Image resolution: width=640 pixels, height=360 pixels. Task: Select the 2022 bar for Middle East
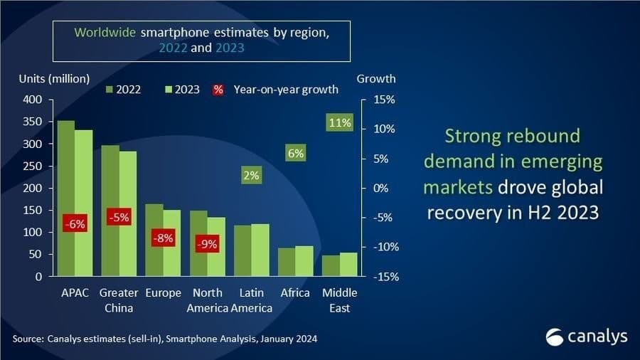pyautogui.click(x=331, y=265)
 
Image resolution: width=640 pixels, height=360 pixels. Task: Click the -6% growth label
pyautogui.click(x=75, y=224)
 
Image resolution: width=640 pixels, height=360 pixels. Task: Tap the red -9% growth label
pyautogui.click(x=207, y=244)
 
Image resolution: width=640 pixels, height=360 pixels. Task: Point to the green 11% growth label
pyautogui.click(x=340, y=122)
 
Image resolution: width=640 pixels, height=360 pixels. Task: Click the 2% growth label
pyautogui.click(x=251, y=175)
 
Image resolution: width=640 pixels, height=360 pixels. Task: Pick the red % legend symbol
pyautogui.click(x=218, y=90)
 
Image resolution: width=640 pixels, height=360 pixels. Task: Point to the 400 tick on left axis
pyautogui.click(x=33, y=100)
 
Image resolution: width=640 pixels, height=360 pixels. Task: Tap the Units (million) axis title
pyautogui.click(x=54, y=78)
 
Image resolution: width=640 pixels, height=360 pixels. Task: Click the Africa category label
pyautogui.click(x=295, y=293)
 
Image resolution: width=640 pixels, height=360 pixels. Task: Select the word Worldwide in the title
pyautogui.click(x=106, y=32)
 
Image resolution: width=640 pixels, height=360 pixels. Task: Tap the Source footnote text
pyautogui.click(x=164, y=339)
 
